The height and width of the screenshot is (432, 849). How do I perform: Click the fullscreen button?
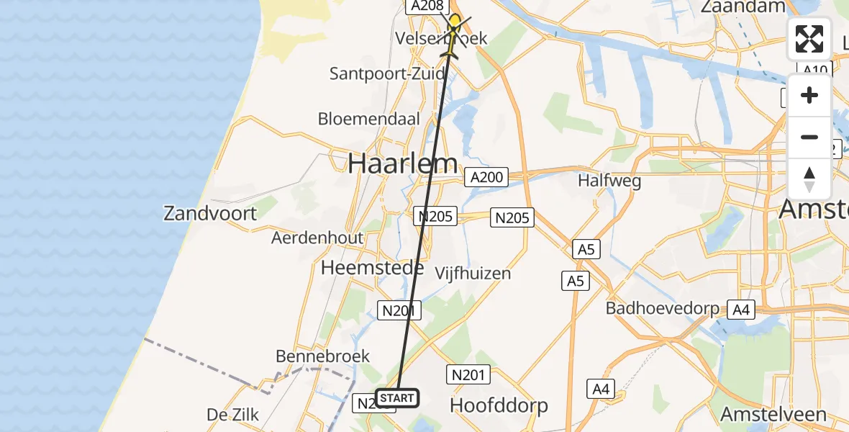[x=809, y=39]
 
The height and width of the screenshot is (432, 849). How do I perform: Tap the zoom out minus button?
[x=809, y=137]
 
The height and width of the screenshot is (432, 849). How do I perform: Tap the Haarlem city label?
[x=403, y=163]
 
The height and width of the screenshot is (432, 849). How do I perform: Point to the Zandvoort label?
[x=209, y=213]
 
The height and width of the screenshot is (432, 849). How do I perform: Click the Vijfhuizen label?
[x=473, y=273]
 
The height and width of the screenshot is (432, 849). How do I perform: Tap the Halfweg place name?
[x=609, y=181]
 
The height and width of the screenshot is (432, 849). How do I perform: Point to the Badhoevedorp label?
[x=662, y=309]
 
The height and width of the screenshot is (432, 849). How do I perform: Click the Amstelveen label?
[x=773, y=415]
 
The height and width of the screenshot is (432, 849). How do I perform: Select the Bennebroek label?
[x=322, y=356]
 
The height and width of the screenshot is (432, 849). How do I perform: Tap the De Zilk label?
[x=232, y=414]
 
